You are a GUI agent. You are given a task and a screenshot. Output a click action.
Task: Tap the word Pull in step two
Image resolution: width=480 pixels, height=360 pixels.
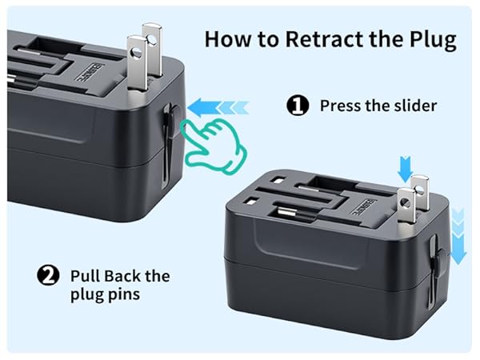pyautogui.click(x=86, y=277)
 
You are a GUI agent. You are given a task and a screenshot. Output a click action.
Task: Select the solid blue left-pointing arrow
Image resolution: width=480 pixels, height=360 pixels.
pyautogui.click(x=206, y=104)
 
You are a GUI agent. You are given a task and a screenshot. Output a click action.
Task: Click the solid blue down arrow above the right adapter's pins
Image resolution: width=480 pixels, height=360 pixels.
pyautogui.click(x=405, y=166)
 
